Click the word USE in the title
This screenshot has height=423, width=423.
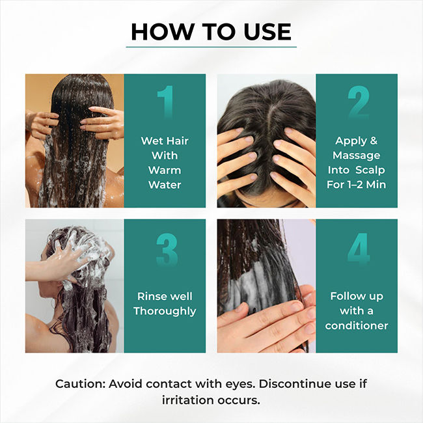[267, 32]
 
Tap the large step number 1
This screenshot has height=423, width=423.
[165, 102]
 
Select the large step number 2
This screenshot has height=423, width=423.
[359, 102]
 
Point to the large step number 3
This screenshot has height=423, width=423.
[167, 249]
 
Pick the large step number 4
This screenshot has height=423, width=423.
[359, 249]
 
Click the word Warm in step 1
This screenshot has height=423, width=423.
[165, 171]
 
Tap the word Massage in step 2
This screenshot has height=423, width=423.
[357, 156]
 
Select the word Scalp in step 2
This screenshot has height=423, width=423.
[370, 171]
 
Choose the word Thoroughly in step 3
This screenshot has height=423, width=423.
[165, 311]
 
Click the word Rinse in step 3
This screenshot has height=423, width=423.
[149, 296]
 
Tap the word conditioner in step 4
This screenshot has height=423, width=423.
[357, 325]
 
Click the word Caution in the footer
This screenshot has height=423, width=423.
[81, 384]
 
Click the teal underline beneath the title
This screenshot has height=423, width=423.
[211, 47]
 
